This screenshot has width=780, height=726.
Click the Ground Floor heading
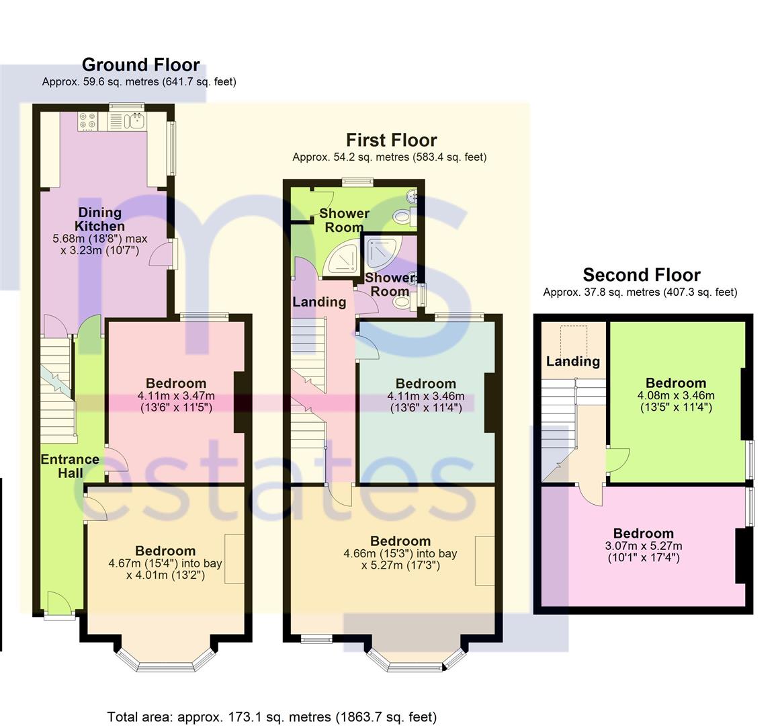141,65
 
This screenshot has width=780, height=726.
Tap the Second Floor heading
642,275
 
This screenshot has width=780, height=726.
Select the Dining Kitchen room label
100,219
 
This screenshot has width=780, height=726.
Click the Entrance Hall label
70,467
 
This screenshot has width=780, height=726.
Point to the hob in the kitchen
88,122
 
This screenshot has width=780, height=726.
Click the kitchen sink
134,121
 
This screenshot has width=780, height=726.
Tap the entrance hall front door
60,605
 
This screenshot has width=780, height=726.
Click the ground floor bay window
166,661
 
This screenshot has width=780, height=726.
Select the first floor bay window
416,661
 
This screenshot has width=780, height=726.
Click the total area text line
272,717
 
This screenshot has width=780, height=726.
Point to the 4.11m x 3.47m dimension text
176,396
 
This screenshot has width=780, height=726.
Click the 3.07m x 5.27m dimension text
644,546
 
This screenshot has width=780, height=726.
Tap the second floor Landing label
573,361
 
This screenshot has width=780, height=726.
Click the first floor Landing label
319,302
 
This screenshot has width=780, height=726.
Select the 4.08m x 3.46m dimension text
676,395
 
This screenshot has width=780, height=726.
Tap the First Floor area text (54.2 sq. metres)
390,157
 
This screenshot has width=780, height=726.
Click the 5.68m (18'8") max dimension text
100,239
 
